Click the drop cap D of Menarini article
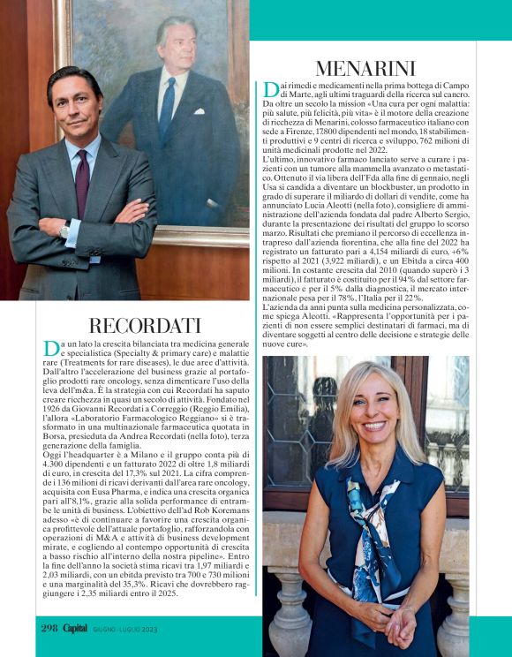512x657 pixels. (x=271, y=89)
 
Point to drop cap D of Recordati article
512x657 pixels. (x=49, y=346)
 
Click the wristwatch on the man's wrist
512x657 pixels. (x=64, y=231)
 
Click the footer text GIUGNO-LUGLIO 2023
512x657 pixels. (x=125, y=629)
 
